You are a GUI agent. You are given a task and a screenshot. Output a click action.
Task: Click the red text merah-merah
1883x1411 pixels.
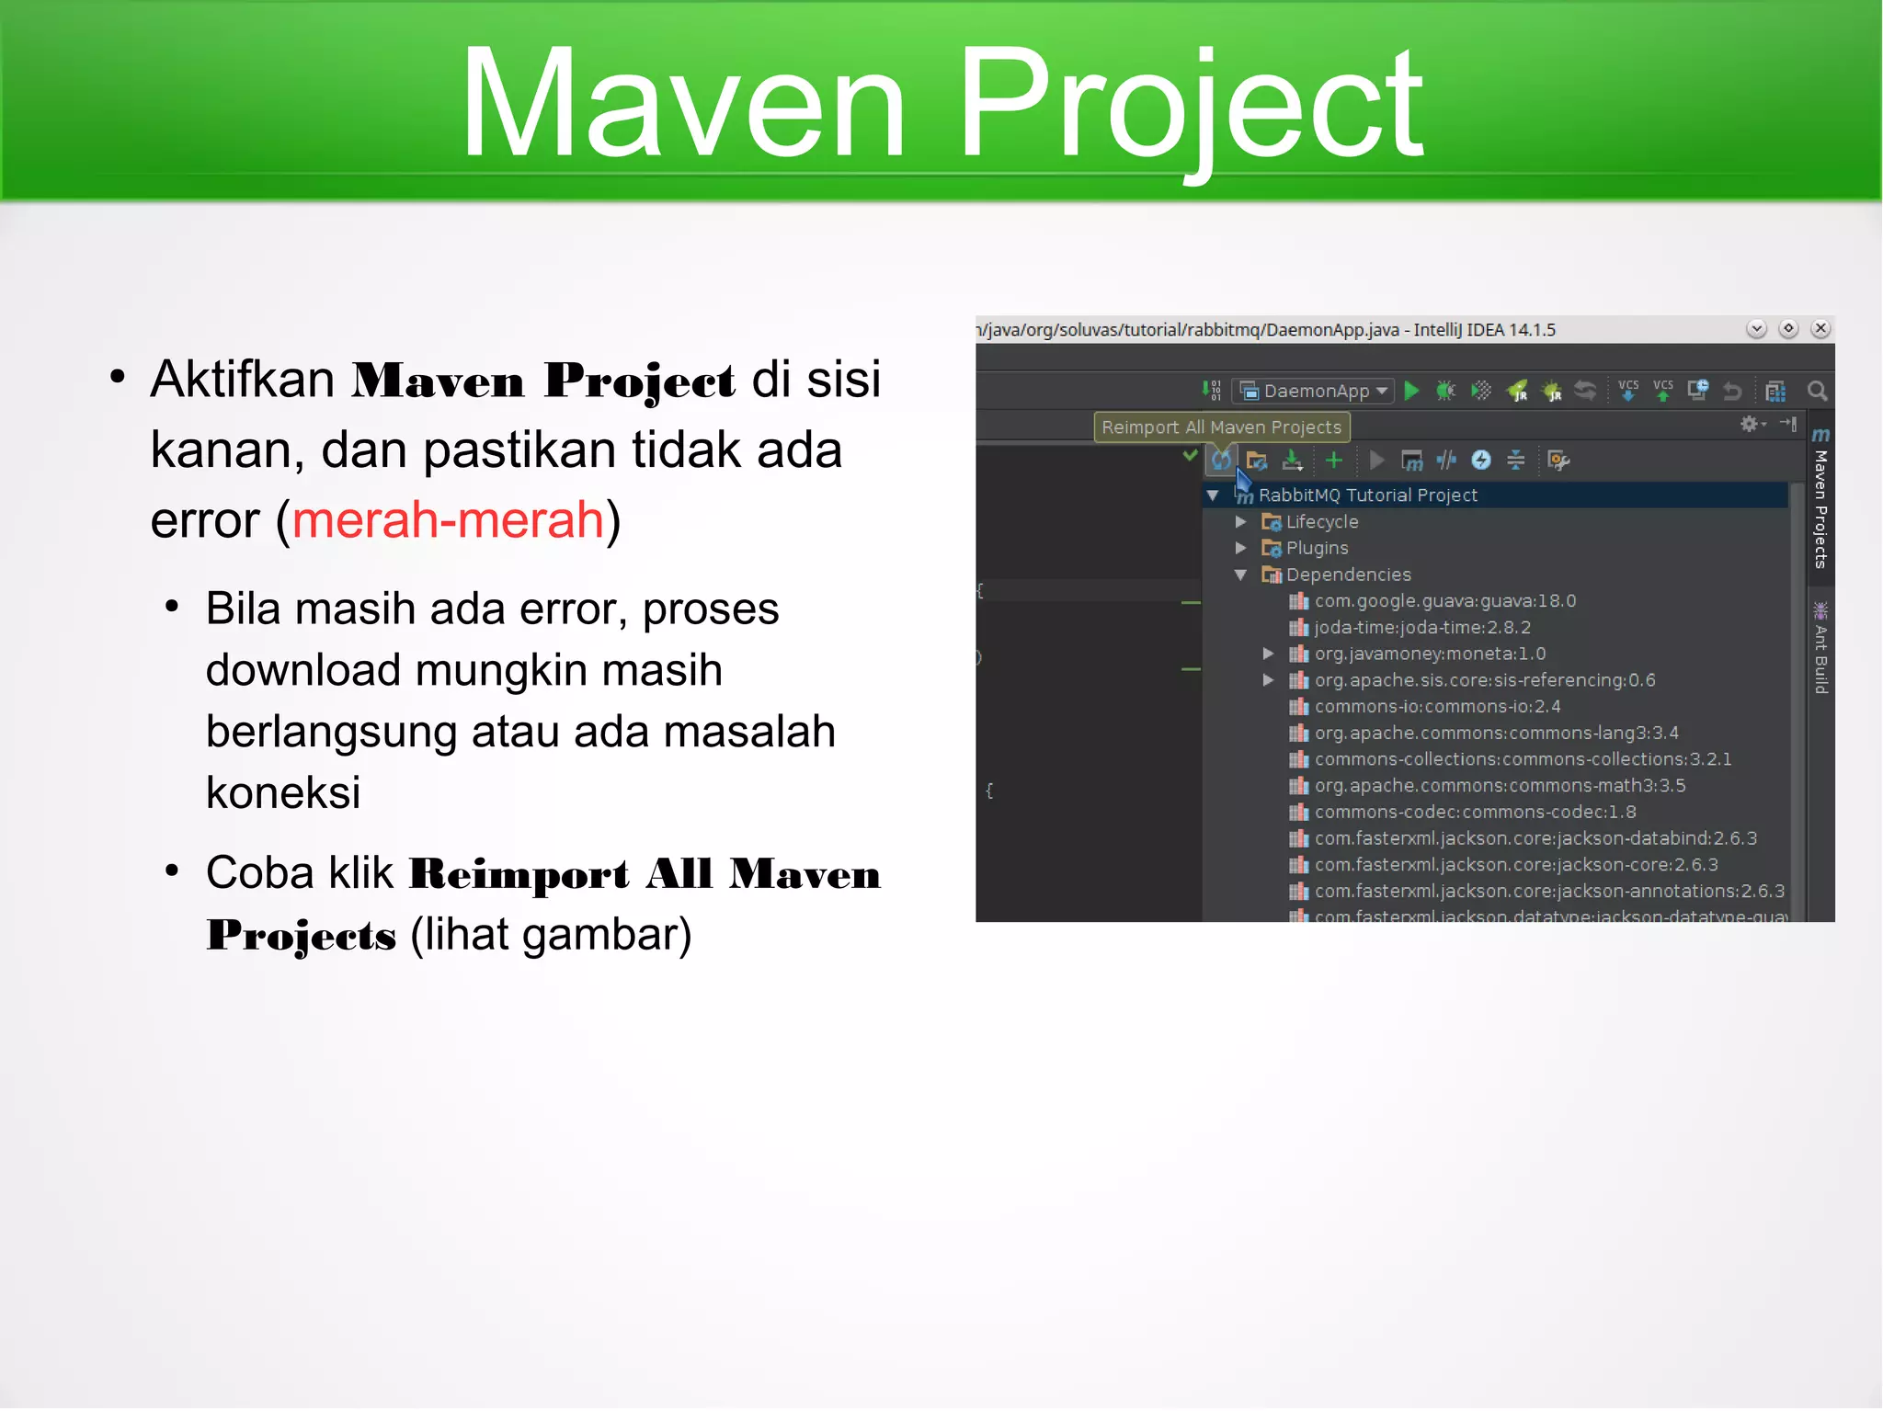(x=448, y=520)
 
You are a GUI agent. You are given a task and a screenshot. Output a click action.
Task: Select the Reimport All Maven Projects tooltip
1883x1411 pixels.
(x=1221, y=427)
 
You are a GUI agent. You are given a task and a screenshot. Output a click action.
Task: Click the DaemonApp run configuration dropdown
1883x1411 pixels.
(x=1314, y=392)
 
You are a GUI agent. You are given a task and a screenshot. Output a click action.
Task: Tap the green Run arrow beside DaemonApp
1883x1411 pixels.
(x=1412, y=392)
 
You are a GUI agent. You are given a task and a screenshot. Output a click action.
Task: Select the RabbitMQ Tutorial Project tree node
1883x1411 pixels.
(x=1367, y=495)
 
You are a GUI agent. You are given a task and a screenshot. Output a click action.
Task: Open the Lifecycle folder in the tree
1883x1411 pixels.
(x=1321, y=522)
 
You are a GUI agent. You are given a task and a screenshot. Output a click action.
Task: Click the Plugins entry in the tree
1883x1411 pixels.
(x=1317, y=549)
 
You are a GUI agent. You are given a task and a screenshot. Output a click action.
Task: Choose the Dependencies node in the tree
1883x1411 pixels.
(x=1348, y=575)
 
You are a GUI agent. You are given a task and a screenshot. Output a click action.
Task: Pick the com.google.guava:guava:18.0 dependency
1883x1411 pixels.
(x=1444, y=601)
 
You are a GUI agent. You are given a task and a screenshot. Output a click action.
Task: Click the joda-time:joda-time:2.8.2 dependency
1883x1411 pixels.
(x=1422, y=628)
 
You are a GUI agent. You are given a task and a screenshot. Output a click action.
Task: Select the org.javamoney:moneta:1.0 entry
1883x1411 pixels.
(x=1430, y=654)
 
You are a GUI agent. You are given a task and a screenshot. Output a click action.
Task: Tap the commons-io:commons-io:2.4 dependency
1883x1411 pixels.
(x=1437, y=707)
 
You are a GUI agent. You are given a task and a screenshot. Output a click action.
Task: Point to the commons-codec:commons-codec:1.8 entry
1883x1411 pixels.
(x=1475, y=813)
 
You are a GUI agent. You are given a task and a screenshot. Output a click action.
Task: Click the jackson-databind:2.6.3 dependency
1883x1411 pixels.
(x=1535, y=839)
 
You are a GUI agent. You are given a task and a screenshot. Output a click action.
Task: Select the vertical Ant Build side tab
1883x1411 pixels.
(x=1820, y=656)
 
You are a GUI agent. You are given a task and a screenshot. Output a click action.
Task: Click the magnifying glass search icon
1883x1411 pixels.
(x=1817, y=392)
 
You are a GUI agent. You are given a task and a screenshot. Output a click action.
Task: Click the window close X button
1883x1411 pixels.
(x=1820, y=329)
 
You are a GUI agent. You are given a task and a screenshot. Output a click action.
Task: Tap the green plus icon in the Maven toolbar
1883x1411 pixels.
(x=1334, y=461)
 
